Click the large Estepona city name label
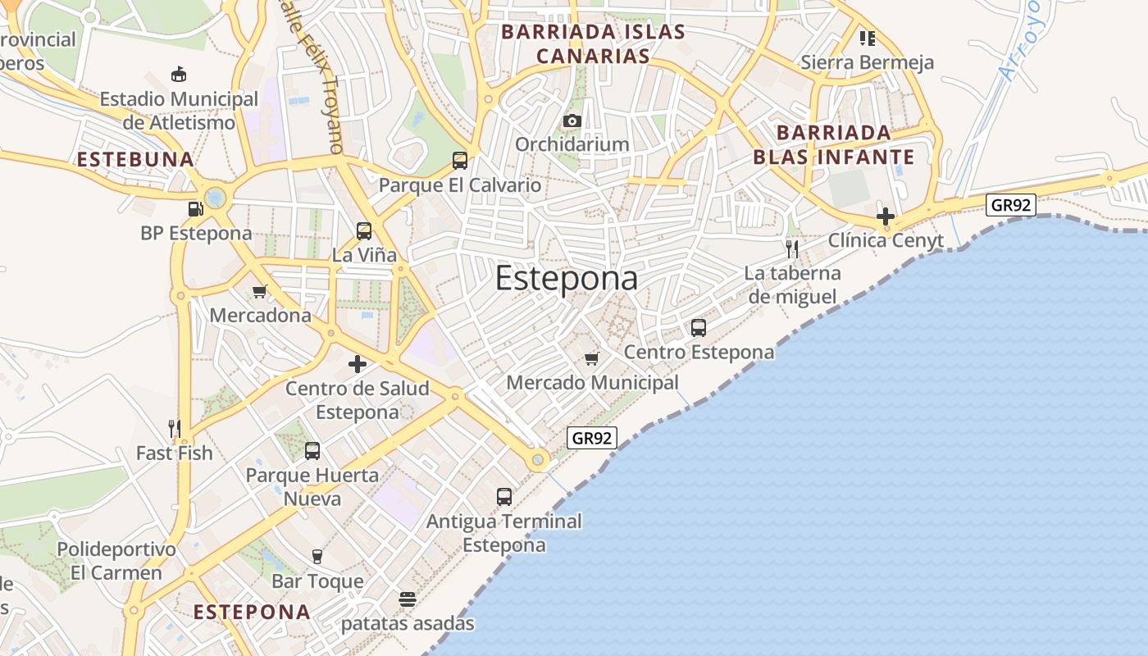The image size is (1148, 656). (567, 279)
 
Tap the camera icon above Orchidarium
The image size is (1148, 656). (572, 121)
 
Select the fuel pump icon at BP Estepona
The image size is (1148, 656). (195, 209)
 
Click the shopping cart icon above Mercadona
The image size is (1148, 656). (261, 291)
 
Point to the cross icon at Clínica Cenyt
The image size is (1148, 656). (886, 217)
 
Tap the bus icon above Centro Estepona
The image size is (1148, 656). (699, 328)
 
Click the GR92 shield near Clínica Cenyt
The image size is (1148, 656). (1010, 205)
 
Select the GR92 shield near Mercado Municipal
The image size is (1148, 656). (591, 438)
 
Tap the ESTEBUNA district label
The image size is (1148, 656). (135, 159)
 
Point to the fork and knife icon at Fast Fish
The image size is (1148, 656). (174, 428)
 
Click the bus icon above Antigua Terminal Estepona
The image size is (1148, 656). (504, 497)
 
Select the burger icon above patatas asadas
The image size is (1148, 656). (408, 599)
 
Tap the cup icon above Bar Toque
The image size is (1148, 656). (317, 557)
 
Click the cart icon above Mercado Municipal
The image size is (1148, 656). (592, 358)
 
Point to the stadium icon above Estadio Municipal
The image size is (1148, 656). (179, 75)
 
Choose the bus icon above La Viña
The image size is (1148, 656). (364, 231)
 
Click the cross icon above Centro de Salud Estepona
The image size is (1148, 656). (358, 364)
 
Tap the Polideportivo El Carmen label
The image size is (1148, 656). (116, 561)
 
